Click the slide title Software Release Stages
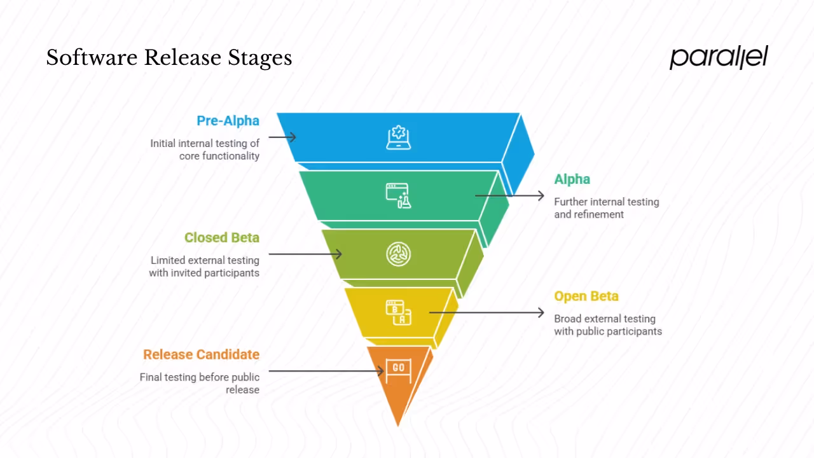click(x=169, y=58)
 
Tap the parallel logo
click(x=719, y=57)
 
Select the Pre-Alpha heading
click(x=228, y=121)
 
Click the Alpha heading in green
click(x=572, y=179)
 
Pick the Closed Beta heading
click(x=221, y=238)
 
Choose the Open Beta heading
click(x=586, y=296)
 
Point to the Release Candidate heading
click(x=201, y=355)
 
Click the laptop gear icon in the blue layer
click(x=399, y=137)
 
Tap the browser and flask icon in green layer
click(x=399, y=196)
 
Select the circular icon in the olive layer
click(x=399, y=254)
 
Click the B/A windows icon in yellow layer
click(x=399, y=312)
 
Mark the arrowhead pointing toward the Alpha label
click(x=541, y=196)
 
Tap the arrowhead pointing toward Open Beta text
click(x=541, y=312)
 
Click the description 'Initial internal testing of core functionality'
click(x=205, y=149)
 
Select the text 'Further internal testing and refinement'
click(x=606, y=208)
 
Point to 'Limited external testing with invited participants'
click(x=204, y=267)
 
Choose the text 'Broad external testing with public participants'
click(x=607, y=325)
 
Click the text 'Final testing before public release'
click(x=200, y=384)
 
